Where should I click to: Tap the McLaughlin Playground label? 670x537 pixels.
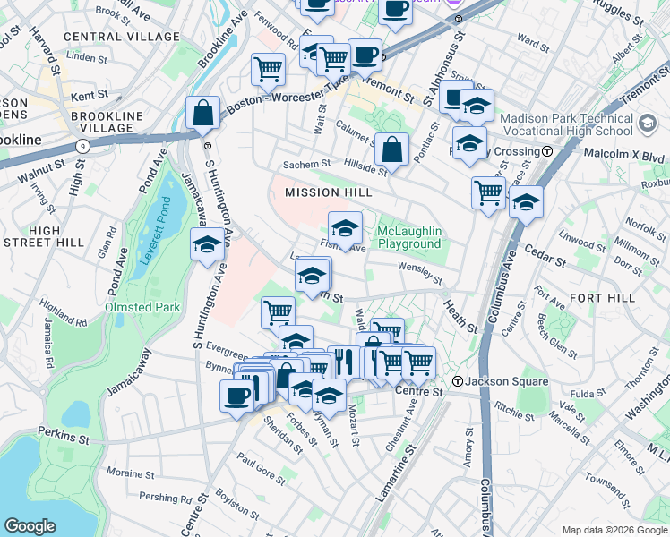click(x=409, y=237)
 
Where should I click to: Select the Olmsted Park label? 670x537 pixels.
click(x=143, y=307)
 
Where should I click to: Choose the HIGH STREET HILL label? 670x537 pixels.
click(x=43, y=237)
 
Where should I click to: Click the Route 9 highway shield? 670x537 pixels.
click(x=82, y=145)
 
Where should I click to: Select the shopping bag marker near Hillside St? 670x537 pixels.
click(x=391, y=150)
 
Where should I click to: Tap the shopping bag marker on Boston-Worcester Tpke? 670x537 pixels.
click(x=203, y=114)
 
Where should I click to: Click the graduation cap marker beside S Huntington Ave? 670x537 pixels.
click(x=207, y=244)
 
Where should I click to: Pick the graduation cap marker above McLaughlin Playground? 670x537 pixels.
click(x=345, y=228)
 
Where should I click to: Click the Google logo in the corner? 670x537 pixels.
click(x=30, y=526)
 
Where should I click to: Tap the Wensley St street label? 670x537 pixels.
click(x=420, y=272)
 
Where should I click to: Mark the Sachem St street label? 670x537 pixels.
click(x=306, y=165)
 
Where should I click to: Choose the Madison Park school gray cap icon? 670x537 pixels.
click(x=649, y=122)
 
